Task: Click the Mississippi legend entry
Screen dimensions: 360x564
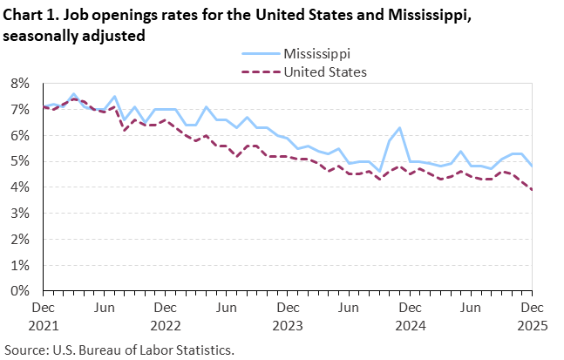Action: click(x=321, y=55)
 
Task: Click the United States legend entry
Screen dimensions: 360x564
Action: click(x=325, y=71)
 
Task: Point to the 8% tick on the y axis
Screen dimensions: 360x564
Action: click(x=20, y=84)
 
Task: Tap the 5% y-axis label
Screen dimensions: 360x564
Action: click(x=20, y=161)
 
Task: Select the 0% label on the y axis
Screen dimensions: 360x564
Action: click(x=20, y=291)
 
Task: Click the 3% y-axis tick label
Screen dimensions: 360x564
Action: click(x=20, y=214)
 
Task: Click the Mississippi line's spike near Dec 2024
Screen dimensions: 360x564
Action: click(x=399, y=128)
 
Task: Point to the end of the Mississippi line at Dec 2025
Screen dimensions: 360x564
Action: click(x=532, y=166)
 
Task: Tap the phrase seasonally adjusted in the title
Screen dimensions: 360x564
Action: click(x=73, y=36)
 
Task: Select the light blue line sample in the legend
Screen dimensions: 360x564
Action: click(x=258, y=55)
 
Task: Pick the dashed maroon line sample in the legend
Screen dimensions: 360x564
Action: click(x=258, y=71)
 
